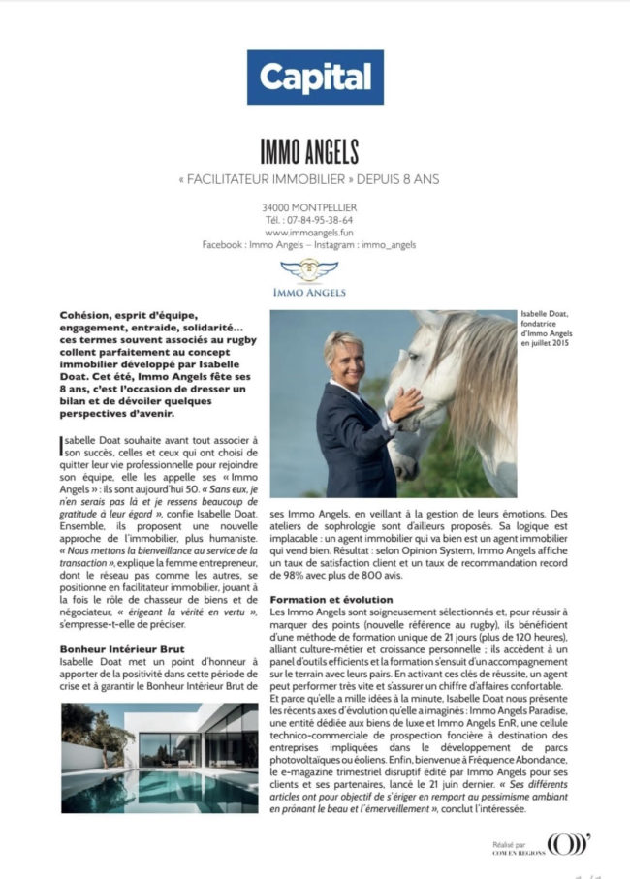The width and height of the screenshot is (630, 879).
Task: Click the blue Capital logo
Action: click(x=315, y=77)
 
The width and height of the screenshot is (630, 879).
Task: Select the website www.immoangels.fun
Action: click(x=308, y=233)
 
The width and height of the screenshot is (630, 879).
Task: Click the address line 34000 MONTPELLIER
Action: click(x=309, y=207)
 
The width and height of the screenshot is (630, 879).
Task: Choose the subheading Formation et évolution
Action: click(x=330, y=600)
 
